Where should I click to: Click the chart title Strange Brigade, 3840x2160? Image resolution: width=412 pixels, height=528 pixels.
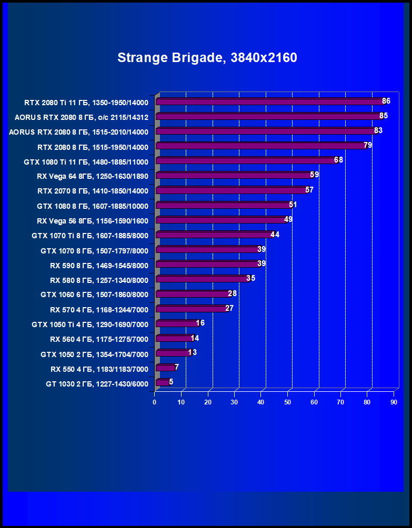(207, 58)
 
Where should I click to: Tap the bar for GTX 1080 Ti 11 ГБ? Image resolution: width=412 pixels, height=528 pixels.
(246, 160)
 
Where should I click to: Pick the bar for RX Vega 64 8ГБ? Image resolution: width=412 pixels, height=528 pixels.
(234, 175)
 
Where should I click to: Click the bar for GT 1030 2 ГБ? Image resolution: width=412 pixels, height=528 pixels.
(163, 382)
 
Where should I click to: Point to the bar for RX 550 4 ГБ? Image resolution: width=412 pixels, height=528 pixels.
(165, 368)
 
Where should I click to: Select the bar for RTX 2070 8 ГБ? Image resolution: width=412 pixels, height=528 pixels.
(231, 190)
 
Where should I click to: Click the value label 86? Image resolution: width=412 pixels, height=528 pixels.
(386, 101)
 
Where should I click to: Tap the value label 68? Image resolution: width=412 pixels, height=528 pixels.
(338, 160)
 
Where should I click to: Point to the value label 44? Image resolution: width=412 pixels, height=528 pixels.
(275, 235)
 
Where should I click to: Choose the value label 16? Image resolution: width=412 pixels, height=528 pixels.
(200, 323)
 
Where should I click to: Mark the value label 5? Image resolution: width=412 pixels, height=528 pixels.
(171, 382)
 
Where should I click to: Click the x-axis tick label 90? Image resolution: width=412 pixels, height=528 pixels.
(394, 402)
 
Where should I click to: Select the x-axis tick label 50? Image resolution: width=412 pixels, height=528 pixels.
(287, 402)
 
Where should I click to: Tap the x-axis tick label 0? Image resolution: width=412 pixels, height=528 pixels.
(155, 402)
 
